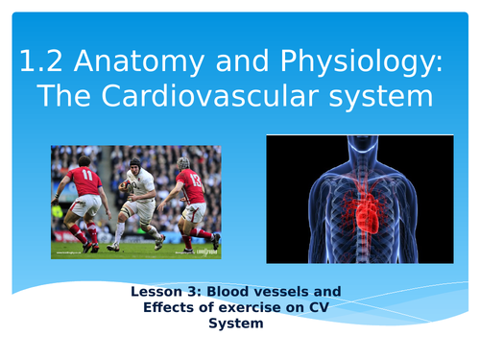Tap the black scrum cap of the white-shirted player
tap(136, 162)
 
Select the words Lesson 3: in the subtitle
tap(169, 291)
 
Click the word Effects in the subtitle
tap(167, 307)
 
